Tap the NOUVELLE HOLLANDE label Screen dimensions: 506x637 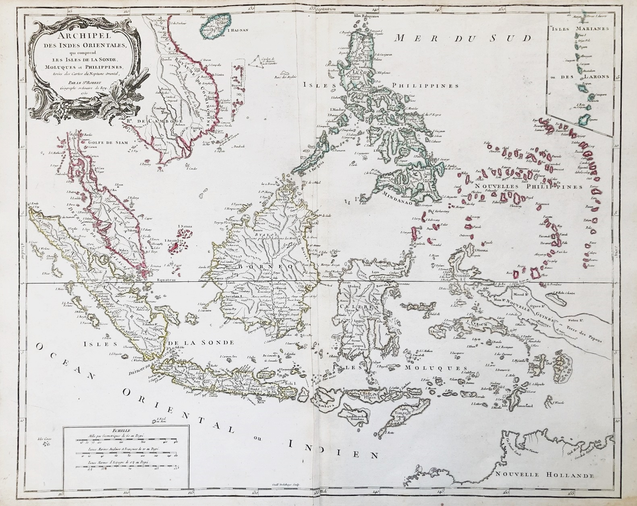coord(545,475)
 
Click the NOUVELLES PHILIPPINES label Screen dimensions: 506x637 coord(528,187)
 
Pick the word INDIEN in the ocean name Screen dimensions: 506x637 coord(334,450)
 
